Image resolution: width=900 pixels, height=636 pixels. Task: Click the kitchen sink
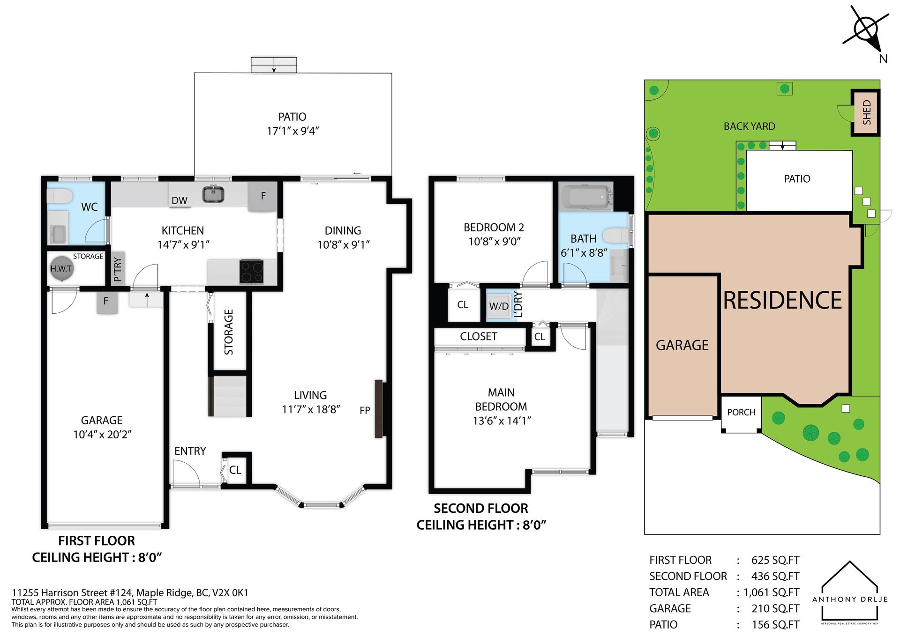[213, 194]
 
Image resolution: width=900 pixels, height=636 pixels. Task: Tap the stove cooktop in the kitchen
[251, 272]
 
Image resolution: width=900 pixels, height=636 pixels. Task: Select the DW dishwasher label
[180, 200]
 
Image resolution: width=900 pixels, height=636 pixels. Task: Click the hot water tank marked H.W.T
[61, 268]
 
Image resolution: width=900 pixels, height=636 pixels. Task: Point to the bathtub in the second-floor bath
[586, 197]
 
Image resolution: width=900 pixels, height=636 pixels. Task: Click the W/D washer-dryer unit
[499, 306]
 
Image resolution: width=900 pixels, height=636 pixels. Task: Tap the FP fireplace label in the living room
[365, 410]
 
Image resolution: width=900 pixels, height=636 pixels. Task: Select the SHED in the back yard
[865, 112]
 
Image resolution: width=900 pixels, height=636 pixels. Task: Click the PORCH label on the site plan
[741, 412]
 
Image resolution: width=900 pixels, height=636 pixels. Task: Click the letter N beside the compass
[883, 59]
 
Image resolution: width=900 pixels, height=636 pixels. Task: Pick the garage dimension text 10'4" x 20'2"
[102, 434]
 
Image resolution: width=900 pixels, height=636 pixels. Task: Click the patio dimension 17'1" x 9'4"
[292, 131]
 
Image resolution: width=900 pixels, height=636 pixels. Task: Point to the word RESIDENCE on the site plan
[782, 300]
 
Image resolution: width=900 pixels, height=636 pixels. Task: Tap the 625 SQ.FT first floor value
[775, 560]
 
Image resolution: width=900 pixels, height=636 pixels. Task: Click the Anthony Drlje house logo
[850, 592]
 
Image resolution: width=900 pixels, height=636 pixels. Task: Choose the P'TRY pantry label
[118, 269]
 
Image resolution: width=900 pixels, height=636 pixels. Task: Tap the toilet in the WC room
[60, 196]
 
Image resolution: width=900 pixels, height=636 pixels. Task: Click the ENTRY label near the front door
[190, 451]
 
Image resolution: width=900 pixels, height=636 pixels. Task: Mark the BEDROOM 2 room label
[494, 228]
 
